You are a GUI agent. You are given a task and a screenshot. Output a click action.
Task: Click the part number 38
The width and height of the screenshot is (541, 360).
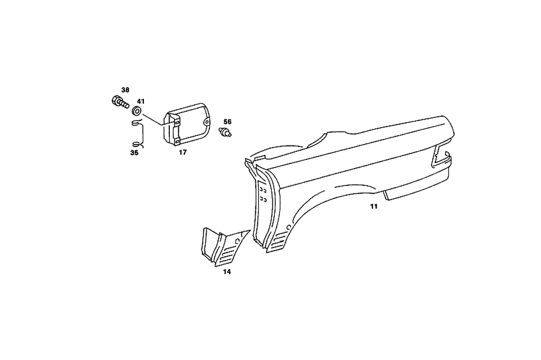[126, 90]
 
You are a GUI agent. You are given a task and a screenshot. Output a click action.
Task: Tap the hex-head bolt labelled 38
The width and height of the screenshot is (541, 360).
[120, 102]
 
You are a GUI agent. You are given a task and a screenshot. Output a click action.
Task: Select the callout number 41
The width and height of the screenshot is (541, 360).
[141, 102]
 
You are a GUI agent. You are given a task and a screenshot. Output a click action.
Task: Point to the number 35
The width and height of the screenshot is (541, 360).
[134, 152]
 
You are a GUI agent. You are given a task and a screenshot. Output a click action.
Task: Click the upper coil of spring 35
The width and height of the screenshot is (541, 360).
[137, 122]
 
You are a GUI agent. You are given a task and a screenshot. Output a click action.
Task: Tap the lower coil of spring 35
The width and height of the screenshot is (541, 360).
[137, 144]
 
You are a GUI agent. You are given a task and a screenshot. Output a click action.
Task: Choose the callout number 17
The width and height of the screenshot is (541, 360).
[182, 152]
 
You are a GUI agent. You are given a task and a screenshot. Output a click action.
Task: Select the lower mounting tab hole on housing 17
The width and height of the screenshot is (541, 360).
[177, 141]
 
